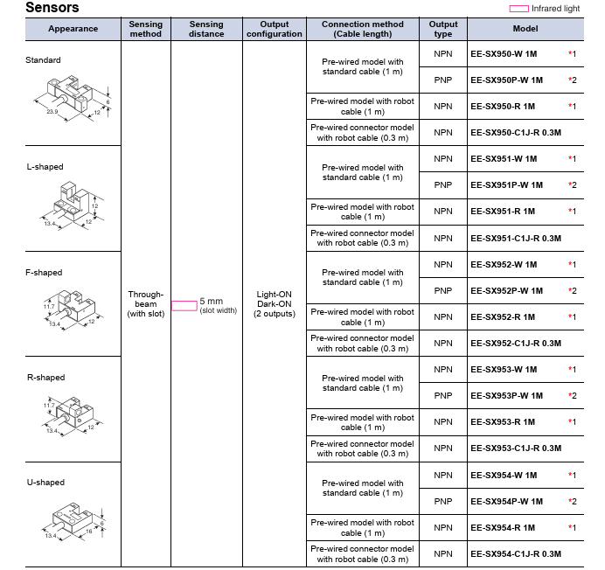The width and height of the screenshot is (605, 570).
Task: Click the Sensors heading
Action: click(x=52, y=8)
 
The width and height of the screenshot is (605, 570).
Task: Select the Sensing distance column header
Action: click(x=206, y=29)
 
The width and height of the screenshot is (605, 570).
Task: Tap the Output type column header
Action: click(x=443, y=29)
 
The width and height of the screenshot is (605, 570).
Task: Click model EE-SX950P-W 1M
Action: click(x=506, y=80)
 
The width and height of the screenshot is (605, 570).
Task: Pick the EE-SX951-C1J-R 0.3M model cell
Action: click(x=515, y=238)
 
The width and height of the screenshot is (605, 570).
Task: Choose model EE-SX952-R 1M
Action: click(x=503, y=316)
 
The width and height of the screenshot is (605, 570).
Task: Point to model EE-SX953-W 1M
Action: click(x=504, y=370)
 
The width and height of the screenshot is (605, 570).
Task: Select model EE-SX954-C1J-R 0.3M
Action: click(x=515, y=553)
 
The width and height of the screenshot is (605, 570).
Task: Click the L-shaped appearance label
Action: click(x=45, y=167)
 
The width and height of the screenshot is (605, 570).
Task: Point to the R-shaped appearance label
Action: click(x=46, y=378)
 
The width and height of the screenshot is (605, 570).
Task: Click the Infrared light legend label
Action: click(x=555, y=8)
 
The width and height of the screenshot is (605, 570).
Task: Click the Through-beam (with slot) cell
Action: click(x=145, y=303)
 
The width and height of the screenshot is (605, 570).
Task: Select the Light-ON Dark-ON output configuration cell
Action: click(x=274, y=303)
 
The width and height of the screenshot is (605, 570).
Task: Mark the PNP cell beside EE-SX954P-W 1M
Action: click(x=443, y=502)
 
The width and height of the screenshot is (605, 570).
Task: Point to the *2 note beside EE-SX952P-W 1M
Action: click(x=572, y=290)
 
